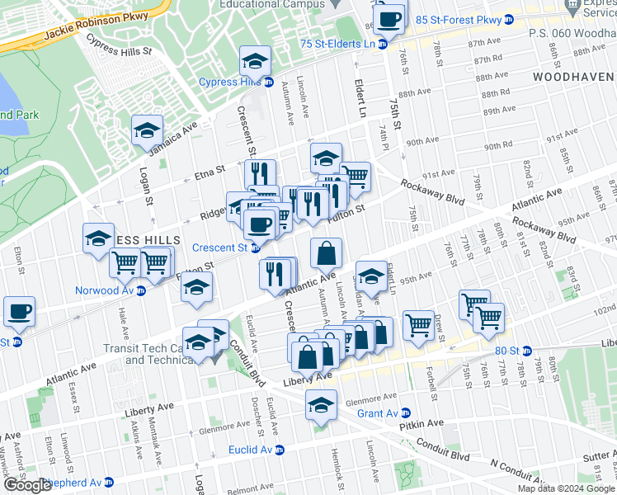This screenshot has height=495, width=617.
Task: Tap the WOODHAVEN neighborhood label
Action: pyautogui.click(x=573, y=76)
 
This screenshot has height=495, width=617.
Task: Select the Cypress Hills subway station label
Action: pyautogui.click(x=230, y=82)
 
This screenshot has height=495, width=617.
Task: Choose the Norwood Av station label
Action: pyautogui.click(x=104, y=290)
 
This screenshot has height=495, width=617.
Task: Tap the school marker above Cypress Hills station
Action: pyautogui.click(x=256, y=61)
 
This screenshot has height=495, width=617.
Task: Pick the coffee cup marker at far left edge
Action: pyautogui.click(x=19, y=313)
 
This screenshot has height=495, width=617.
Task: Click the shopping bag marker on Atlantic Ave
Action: pyautogui.click(x=327, y=252)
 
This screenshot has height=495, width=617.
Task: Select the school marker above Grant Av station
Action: pyautogui.click(x=321, y=405)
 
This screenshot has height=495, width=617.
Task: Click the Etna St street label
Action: pyautogui.click(x=210, y=171)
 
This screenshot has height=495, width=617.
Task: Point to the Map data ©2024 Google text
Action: pyautogui.click(x=566, y=488)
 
